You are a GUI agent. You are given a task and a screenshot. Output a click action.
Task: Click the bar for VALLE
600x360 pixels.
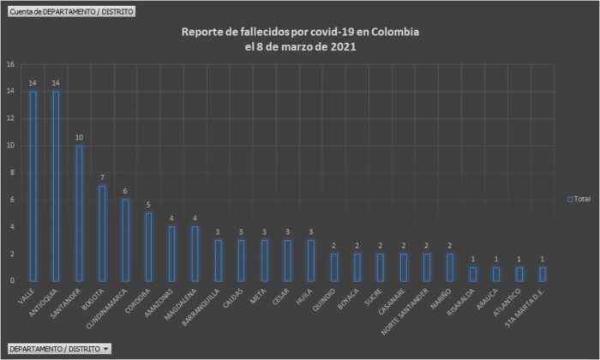point(33,185)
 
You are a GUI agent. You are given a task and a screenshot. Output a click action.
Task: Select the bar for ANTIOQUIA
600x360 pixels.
point(56,185)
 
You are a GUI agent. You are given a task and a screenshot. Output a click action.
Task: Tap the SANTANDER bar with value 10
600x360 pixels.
point(79,213)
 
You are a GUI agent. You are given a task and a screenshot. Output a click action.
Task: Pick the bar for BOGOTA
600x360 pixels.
point(102,233)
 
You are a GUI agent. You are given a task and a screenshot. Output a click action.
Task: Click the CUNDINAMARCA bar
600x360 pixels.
point(125,240)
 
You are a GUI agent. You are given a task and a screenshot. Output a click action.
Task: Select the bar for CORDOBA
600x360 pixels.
point(148,247)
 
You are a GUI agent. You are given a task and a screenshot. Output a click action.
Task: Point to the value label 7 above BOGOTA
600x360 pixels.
point(102,178)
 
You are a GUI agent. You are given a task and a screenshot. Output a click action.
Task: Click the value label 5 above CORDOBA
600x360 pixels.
point(148,205)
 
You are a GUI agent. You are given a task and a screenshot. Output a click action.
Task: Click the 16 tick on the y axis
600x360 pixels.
point(10,64)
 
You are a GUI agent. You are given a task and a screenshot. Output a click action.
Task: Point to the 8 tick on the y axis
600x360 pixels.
point(10,172)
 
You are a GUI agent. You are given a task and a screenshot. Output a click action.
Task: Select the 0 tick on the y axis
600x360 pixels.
point(10,280)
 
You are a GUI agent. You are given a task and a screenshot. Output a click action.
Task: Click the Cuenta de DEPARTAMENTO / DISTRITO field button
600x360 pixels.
point(70,11)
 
